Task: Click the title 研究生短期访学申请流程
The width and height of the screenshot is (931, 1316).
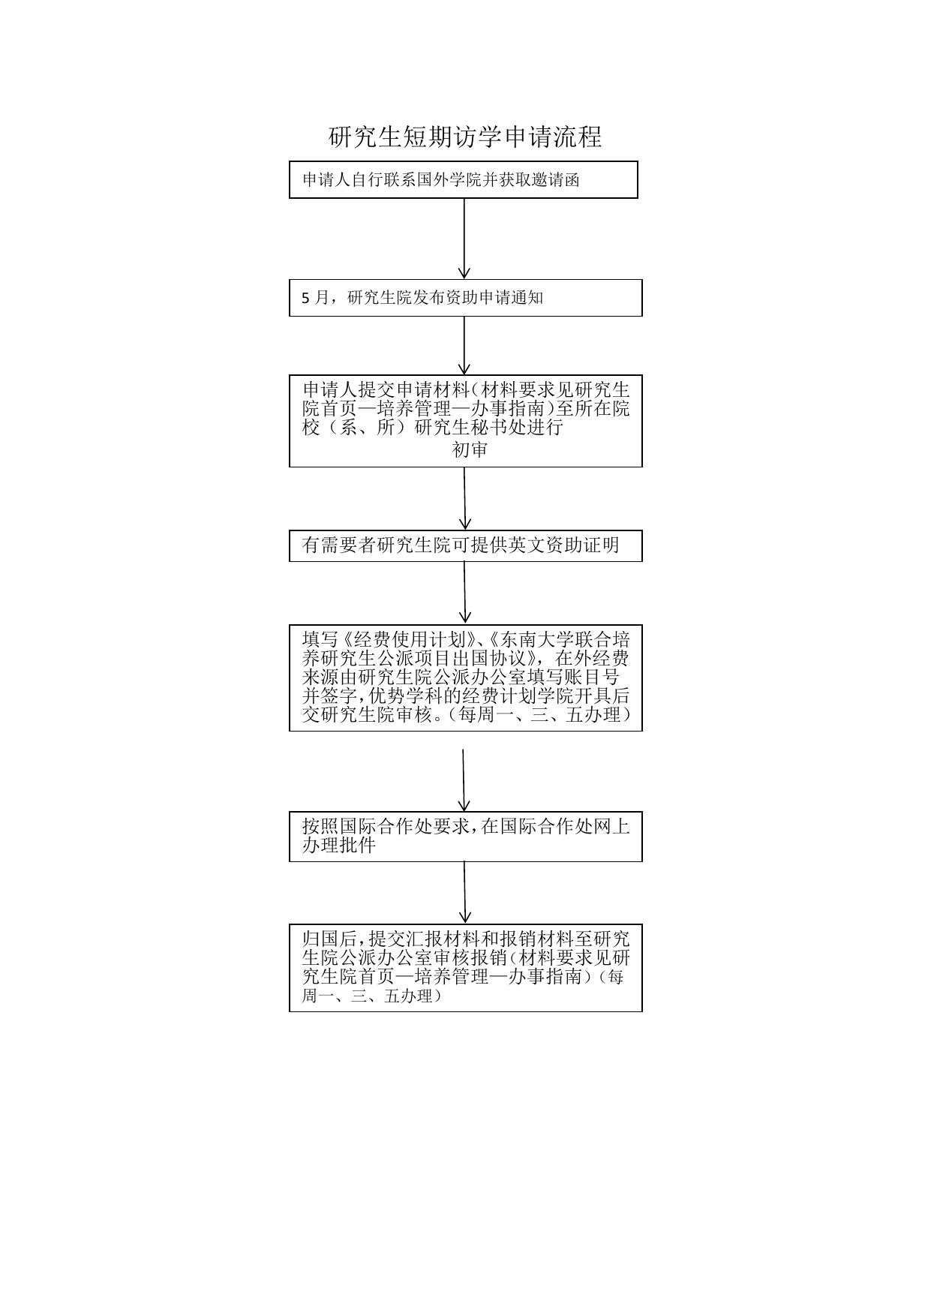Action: pyautogui.click(x=465, y=137)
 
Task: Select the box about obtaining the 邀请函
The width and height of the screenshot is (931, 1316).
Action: pyautogui.click(x=463, y=179)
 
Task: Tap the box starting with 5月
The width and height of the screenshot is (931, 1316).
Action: pyautogui.click(x=465, y=298)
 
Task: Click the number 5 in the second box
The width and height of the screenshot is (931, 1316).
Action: pyautogui.click(x=305, y=298)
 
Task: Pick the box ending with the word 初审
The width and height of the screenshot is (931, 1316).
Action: pyautogui.click(x=465, y=420)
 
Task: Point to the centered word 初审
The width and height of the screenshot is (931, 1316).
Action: pyautogui.click(x=470, y=449)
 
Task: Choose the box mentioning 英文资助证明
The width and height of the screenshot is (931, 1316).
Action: pyautogui.click(x=465, y=545)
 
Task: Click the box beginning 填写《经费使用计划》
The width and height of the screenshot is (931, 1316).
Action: pyautogui.click(x=465, y=678)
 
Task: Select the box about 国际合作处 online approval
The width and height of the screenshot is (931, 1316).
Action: pyautogui.click(x=465, y=836)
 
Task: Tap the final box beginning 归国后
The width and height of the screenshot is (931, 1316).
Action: pyautogui.click(x=465, y=967)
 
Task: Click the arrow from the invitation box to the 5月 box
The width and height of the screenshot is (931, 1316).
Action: pyautogui.click(x=464, y=239)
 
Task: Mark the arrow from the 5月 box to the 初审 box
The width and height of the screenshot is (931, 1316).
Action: pyautogui.click(x=464, y=345)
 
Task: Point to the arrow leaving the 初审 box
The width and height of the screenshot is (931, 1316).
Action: pyautogui.click(x=465, y=498)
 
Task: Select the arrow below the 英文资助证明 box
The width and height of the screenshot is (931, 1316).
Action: pyautogui.click(x=465, y=592)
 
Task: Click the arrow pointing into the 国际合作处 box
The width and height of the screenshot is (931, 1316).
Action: pyautogui.click(x=464, y=780)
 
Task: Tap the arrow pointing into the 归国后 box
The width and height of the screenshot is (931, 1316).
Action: pyautogui.click(x=465, y=892)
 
